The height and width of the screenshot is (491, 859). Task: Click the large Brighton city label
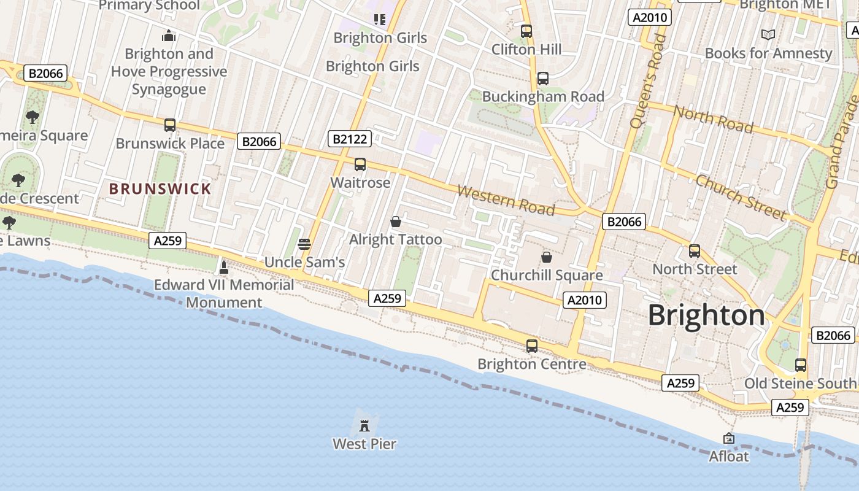click(x=706, y=315)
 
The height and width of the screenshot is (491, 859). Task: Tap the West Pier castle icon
click(x=364, y=425)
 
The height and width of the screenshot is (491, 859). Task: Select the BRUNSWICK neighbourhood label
click(x=160, y=188)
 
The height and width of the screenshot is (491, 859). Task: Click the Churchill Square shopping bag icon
click(x=546, y=257)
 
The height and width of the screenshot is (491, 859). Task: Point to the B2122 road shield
click(x=349, y=139)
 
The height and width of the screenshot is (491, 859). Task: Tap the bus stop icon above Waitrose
click(x=360, y=164)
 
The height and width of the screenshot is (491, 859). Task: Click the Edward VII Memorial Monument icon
click(x=224, y=267)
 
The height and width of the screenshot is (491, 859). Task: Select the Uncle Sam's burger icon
click(x=304, y=244)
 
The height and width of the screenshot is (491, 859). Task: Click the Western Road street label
click(x=506, y=201)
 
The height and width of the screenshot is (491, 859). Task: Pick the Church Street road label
click(x=740, y=196)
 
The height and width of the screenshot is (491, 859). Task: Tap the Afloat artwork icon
click(x=729, y=438)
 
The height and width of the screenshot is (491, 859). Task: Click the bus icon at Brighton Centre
click(x=532, y=346)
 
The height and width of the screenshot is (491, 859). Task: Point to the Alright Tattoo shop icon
click(x=396, y=221)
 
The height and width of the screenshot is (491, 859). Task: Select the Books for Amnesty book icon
click(x=768, y=34)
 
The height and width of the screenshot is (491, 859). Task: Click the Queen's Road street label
click(x=649, y=81)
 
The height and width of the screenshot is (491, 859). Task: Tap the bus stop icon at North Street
click(x=695, y=251)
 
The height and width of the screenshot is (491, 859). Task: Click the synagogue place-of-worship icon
click(x=169, y=36)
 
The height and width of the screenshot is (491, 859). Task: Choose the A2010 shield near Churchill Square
click(x=584, y=300)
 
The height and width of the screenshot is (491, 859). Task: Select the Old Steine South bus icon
click(x=801, y=365)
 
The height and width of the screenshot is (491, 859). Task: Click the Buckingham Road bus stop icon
click(x=543, y=79)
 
